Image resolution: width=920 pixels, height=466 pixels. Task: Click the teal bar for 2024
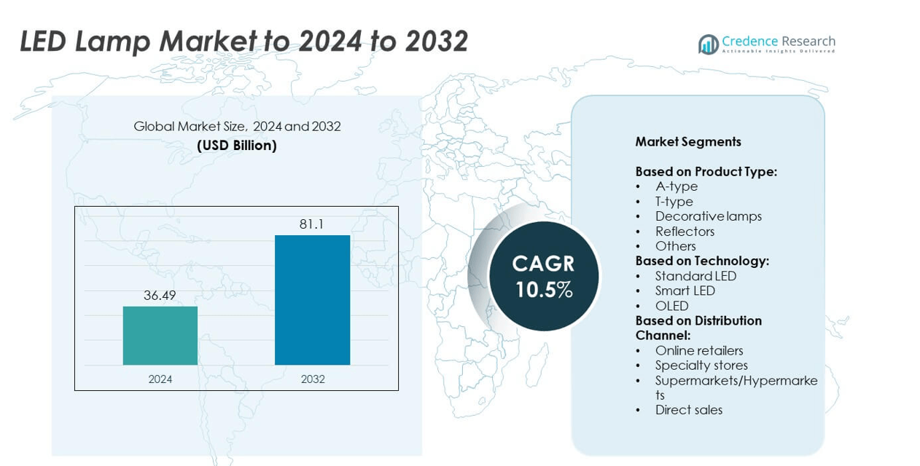(160, 336)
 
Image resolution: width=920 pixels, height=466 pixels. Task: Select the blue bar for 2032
(312, 300)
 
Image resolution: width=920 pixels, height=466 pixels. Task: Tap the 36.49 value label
(160, 296)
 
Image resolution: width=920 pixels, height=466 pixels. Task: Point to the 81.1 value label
(311, 224)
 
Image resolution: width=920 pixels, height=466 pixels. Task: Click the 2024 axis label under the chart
(160, 379)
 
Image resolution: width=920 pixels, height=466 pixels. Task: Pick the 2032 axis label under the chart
(312, 379)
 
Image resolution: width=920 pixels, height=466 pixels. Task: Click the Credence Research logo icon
(708, 44)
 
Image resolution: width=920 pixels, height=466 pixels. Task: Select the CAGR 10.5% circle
(544, 276)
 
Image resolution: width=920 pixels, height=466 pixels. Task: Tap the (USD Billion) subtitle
(237, 146)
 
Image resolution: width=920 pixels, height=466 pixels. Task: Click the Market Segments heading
(688, 142)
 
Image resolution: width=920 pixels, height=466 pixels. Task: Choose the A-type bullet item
(676, 186)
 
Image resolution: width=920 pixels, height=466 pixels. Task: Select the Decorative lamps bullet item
(708, 216)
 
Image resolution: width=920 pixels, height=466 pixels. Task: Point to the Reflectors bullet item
(685, 232)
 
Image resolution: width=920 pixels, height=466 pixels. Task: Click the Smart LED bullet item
(685, 291)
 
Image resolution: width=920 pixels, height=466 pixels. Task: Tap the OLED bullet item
(671, 306)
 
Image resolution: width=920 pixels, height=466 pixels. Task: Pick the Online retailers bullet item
(698, 351)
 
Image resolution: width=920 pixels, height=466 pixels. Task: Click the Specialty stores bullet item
(701, 366)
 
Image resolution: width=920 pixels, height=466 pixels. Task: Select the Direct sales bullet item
(688, 410)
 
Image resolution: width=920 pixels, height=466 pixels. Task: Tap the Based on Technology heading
(702, 261)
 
